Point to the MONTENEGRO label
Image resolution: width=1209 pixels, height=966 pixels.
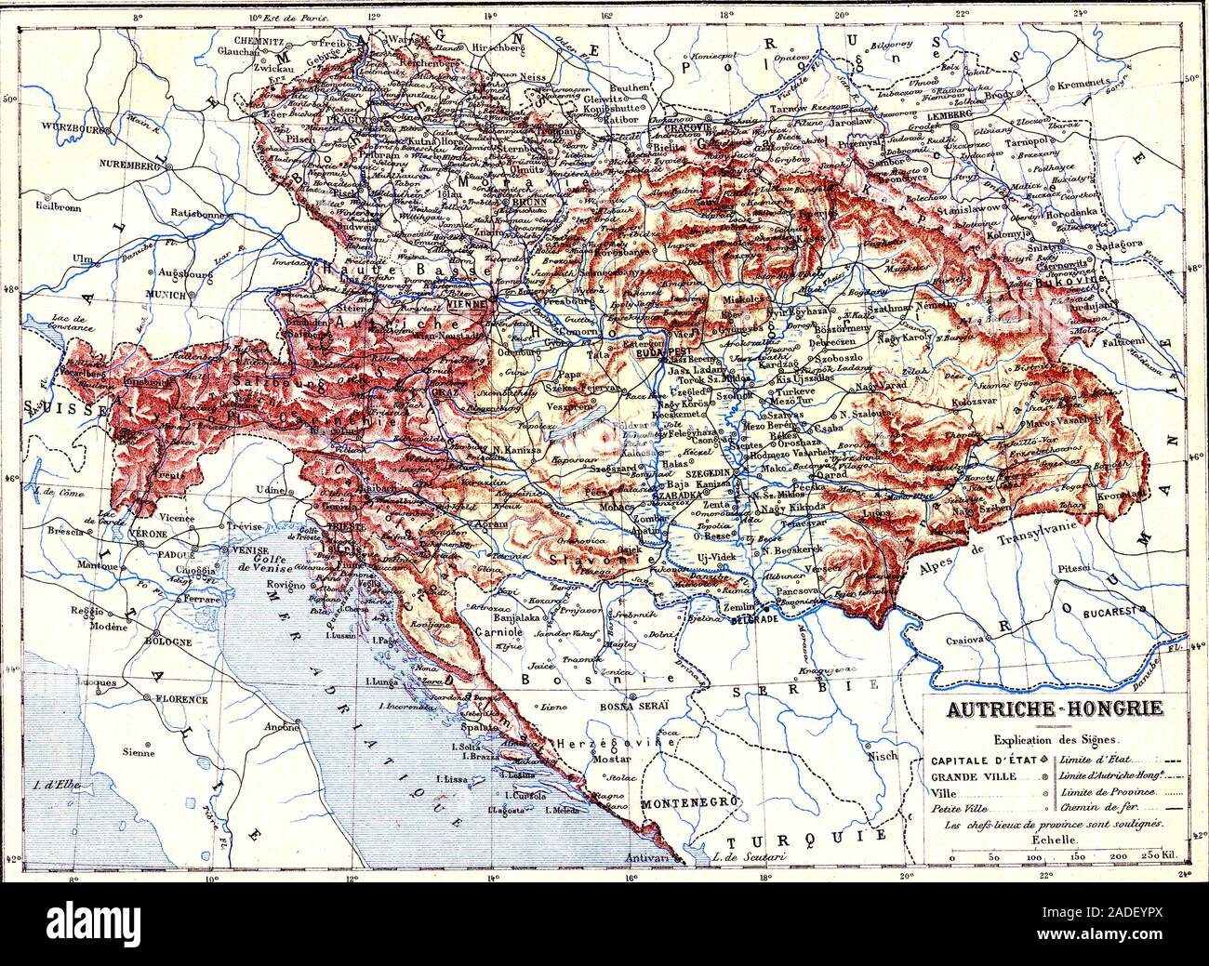688,801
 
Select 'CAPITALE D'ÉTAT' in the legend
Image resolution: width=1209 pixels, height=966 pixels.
982,761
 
